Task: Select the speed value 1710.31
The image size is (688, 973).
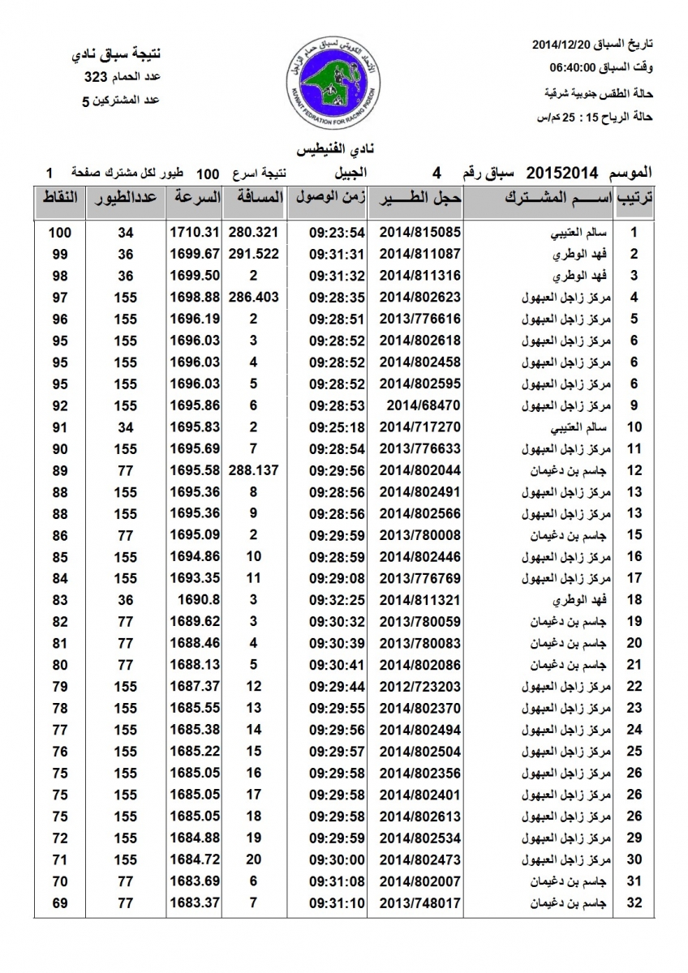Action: (x=196, y=233)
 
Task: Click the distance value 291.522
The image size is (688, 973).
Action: (x=254, y=254)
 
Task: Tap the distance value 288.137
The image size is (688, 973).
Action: (x=254, y=470)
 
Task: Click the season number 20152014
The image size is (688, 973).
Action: (x=562, y=173)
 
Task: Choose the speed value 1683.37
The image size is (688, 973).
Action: (x=196, y=902)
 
